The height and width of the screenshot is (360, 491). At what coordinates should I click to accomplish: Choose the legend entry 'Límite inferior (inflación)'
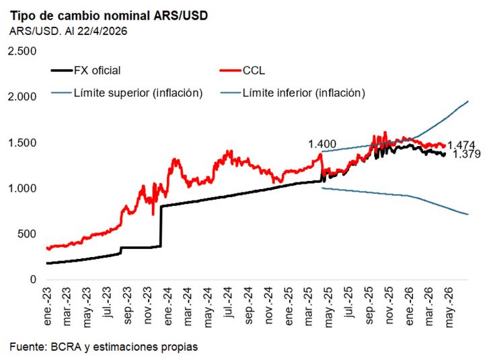(x=303, y=93)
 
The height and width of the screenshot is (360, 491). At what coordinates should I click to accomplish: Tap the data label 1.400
(x=322, y=145)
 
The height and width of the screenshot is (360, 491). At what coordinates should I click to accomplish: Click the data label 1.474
(x=461, y=145)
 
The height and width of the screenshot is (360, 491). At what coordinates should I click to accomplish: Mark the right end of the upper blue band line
(x=468, y=102)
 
